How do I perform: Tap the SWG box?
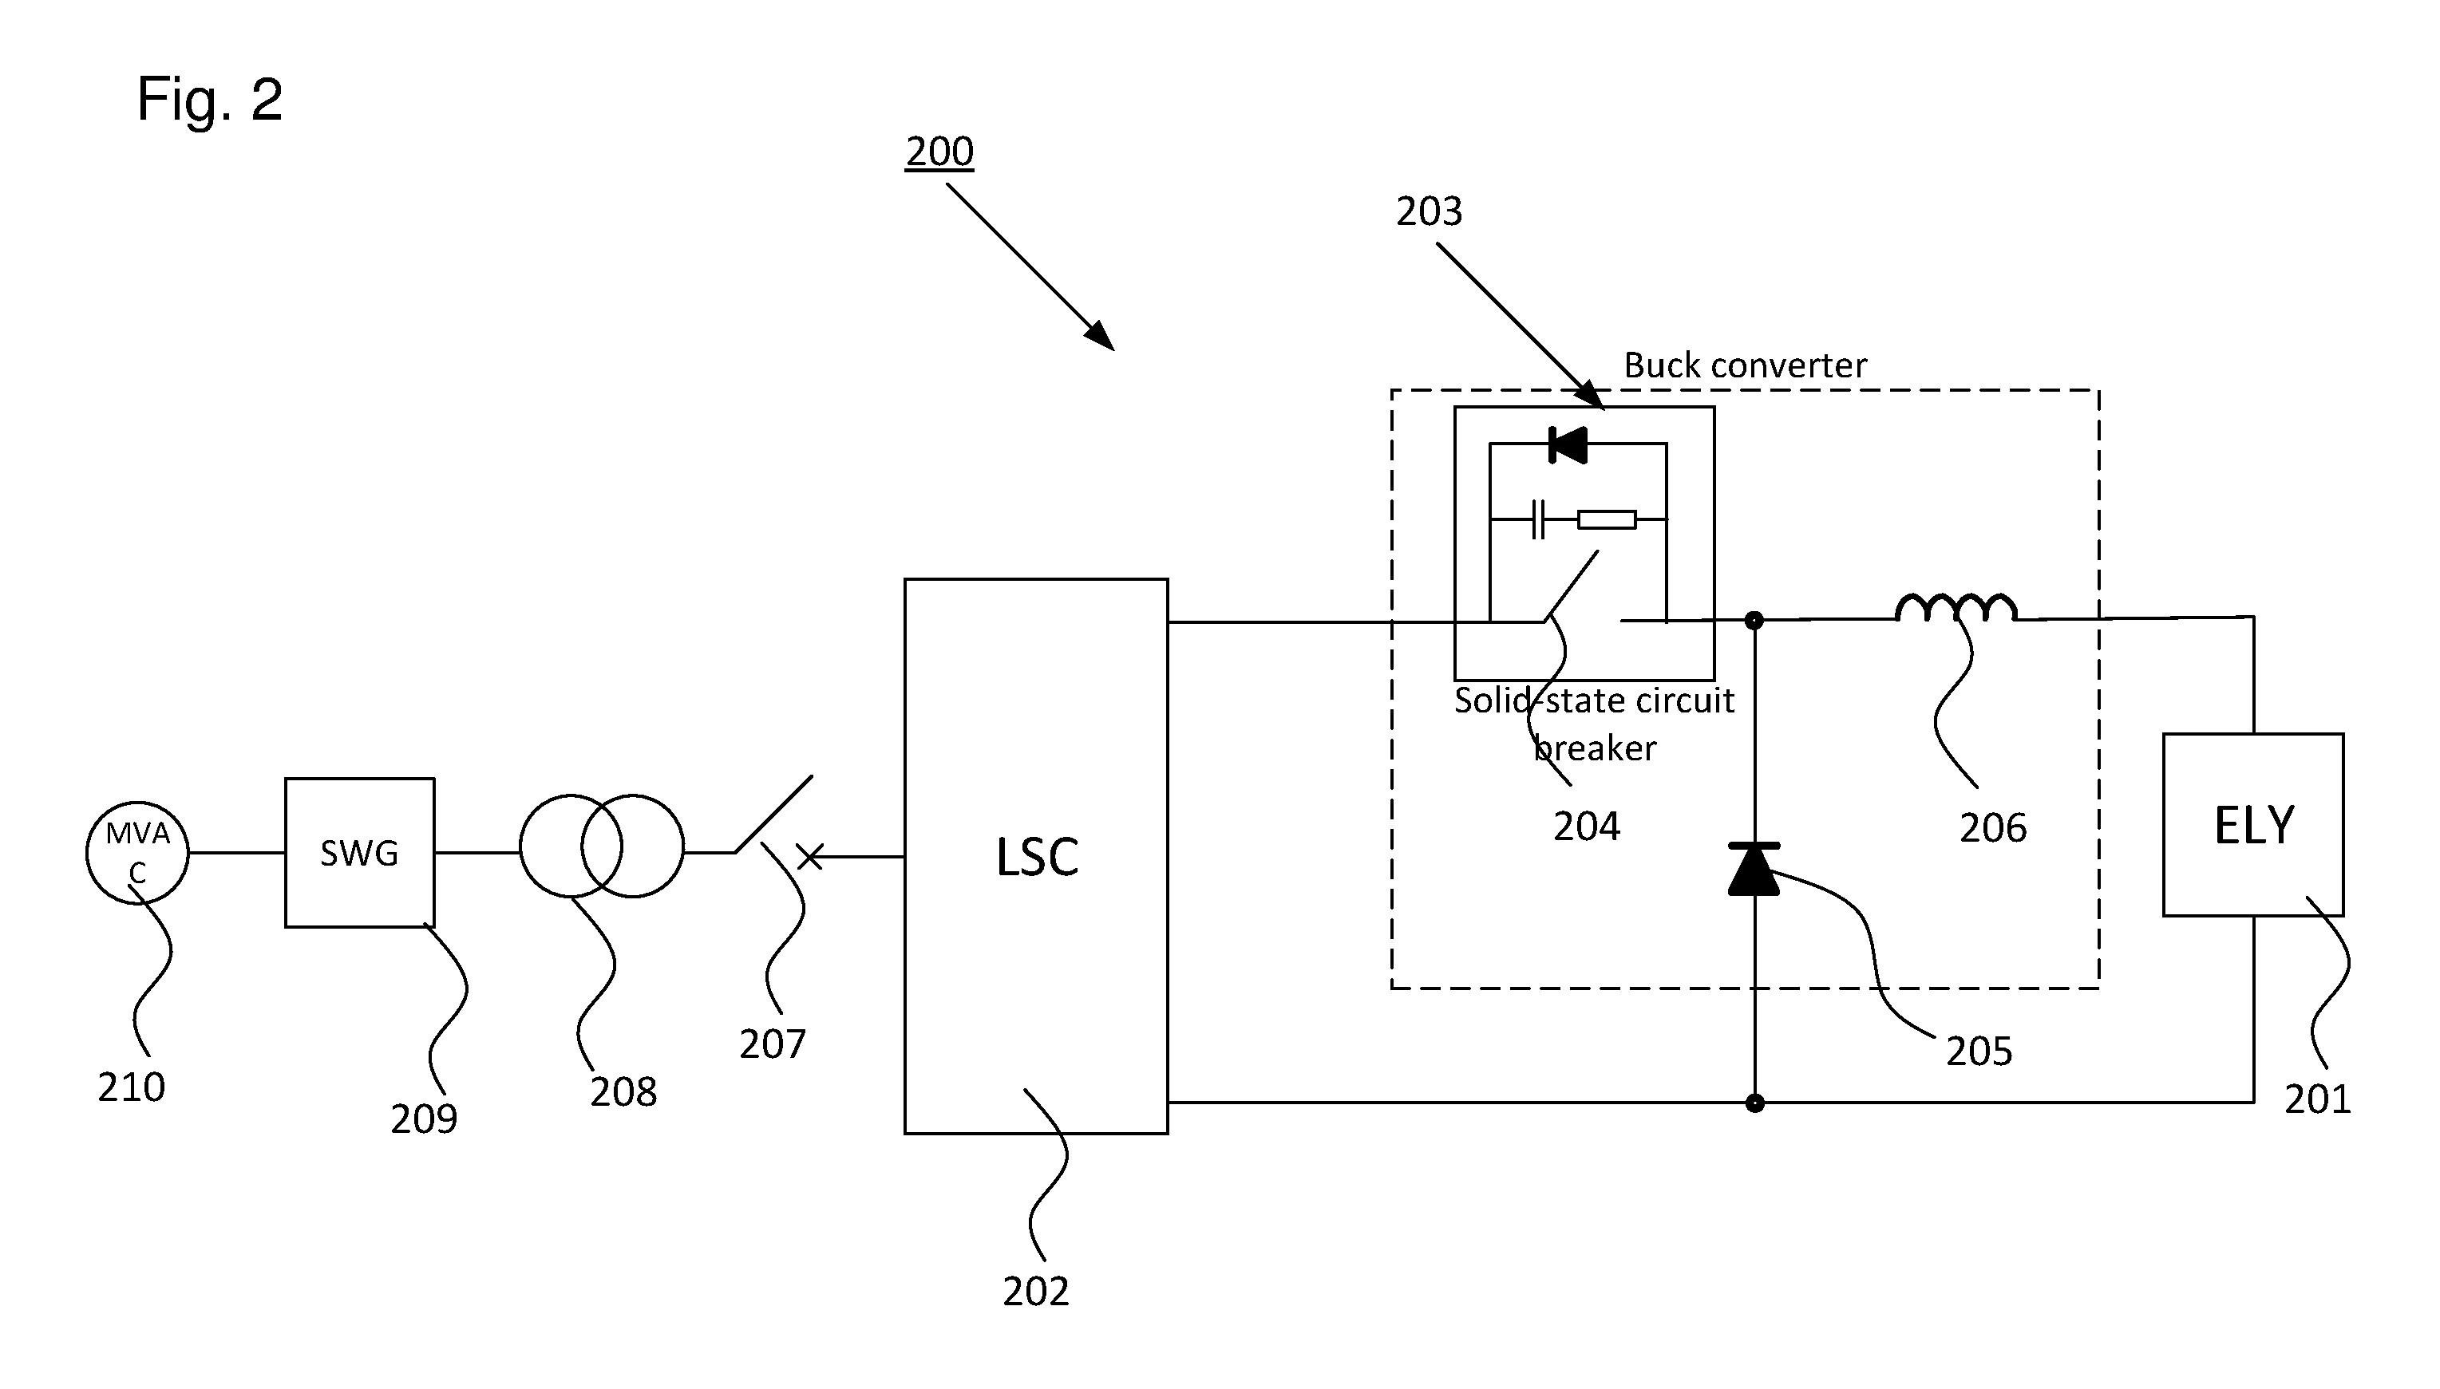point(360,852)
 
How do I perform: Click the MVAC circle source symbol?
point(137,853)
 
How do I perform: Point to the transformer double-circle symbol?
point(601,846)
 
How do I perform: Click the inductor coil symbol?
point(1956,608)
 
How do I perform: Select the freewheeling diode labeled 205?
point(1754,869)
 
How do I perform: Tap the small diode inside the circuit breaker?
point(1568,444)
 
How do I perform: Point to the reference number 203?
point(1429,211)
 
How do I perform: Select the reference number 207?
point(772,1044)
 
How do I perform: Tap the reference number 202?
point(1035,1291)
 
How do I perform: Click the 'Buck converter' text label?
point(1746,365)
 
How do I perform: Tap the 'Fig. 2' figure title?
point(210,98)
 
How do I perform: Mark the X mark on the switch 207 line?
point(809,857)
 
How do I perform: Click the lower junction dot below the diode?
point(1754,1103)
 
